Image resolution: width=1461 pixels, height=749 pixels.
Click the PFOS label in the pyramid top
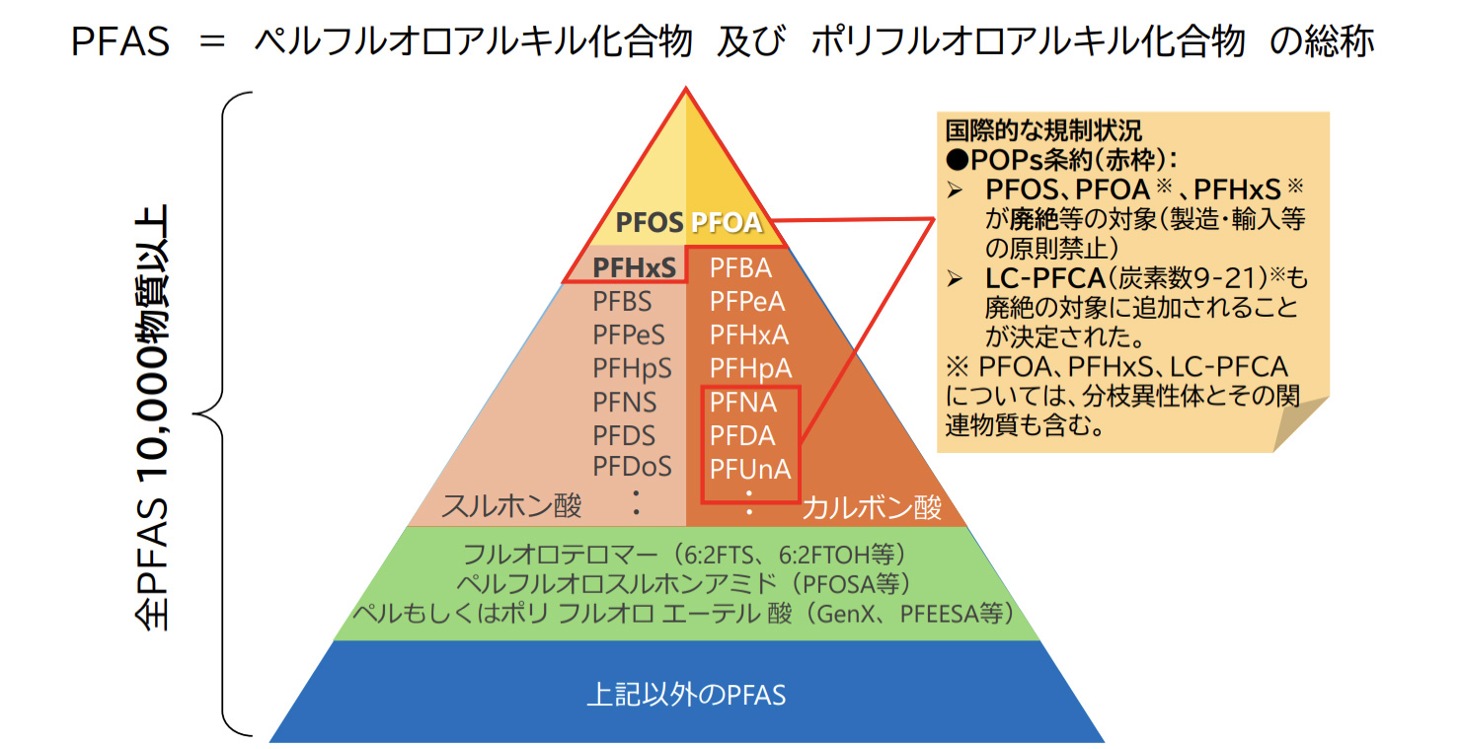click(649, 222)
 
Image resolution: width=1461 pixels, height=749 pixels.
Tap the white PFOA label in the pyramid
click(727, 222)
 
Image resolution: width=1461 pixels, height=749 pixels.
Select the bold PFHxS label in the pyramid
click(634, 267)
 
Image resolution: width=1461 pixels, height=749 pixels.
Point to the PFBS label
click(623, 301)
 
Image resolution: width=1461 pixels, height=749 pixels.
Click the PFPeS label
click(630, 335)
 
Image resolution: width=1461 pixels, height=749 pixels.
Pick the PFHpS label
click(633, 368)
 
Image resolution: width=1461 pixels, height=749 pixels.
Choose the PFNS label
click(625, 402)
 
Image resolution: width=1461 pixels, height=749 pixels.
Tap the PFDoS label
click(633, 466)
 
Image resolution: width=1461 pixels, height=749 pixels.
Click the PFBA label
click(740, 267)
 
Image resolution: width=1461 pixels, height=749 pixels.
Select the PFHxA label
click(748, 335)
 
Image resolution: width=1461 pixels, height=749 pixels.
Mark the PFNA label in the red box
click(743, 403)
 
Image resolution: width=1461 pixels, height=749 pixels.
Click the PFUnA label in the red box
click(750, 469)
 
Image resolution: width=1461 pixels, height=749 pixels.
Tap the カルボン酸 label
click(872, 508)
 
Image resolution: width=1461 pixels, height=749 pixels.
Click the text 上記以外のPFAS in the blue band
click(686, 695)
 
